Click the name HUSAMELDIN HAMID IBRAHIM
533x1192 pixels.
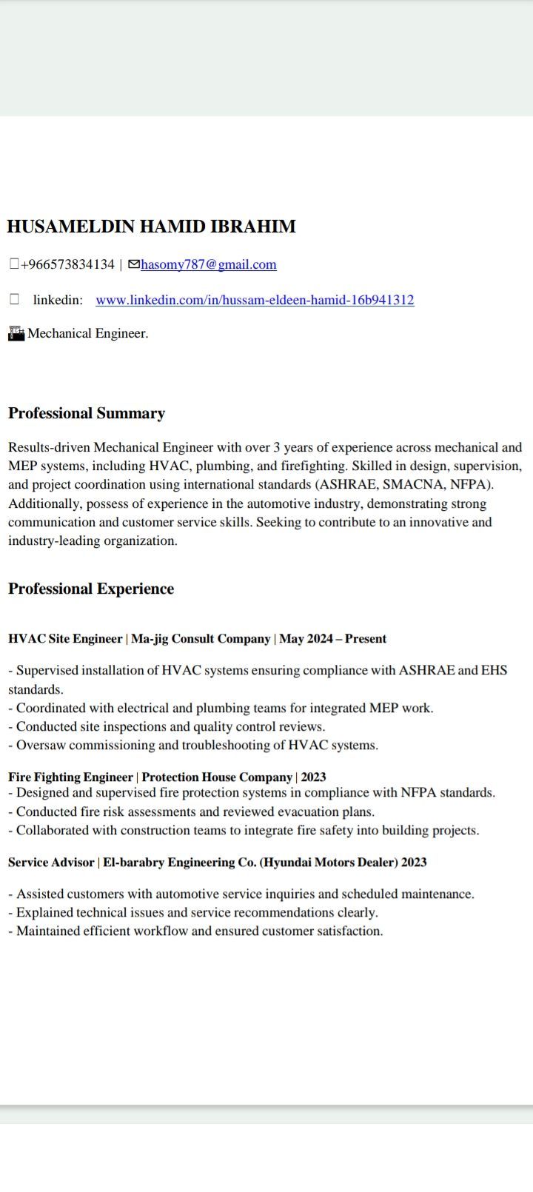click(x=151, y=227)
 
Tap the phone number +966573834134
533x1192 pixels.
click(x=67, y=264)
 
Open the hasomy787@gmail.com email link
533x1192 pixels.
click(x=209, y=264)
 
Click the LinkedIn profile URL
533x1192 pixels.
click(x=255, y=300)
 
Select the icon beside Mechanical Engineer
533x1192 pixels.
click(x=16, y=333)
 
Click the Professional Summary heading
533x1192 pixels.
click(x=87, y=413)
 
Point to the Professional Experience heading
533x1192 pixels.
click(x=91, y=589)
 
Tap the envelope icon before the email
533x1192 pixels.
click(x=134, y=264)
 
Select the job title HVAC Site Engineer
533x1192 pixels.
click(x=65, y=638)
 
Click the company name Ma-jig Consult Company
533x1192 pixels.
click(x=201, y=638)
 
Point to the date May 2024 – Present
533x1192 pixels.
click(x=332, y=638)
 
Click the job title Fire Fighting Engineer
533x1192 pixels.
click(x=70, y=777)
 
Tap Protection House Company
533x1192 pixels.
click(x=217, y=777)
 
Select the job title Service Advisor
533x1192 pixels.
click(x=51, y=862)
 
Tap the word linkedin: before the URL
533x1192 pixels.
click(x=58, y=300)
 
